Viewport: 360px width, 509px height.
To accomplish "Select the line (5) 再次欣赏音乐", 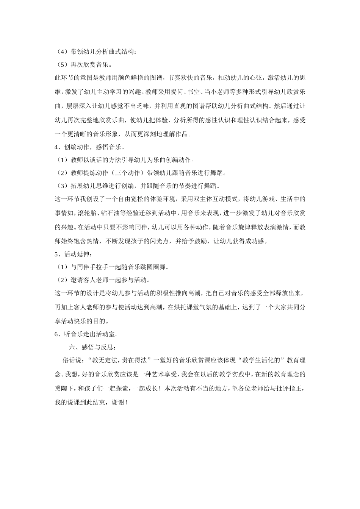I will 83,65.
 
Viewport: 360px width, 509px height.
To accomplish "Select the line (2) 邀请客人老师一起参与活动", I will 102,280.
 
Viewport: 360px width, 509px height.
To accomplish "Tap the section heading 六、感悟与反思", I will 92,347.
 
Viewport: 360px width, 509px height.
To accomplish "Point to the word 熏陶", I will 63,389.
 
